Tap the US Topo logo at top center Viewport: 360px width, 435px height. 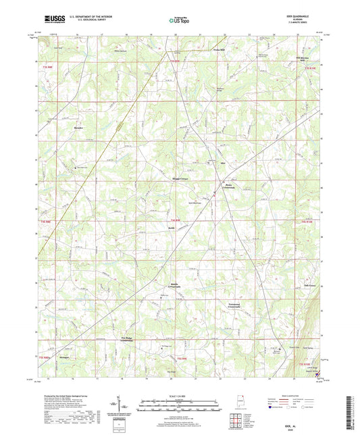(175, 20)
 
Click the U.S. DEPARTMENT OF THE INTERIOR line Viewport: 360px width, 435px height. (94, 17)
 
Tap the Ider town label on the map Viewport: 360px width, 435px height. (221, 164)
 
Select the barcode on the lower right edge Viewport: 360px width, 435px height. (349, 407)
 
